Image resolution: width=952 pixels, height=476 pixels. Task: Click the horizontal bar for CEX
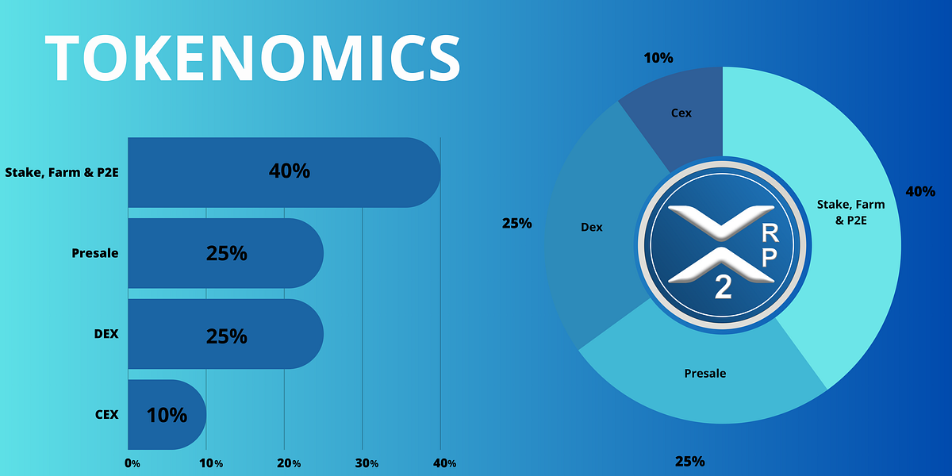point(167,414)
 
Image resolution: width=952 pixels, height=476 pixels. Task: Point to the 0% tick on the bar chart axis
point(132,463)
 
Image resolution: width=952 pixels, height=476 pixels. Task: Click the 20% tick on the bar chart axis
point(288,463)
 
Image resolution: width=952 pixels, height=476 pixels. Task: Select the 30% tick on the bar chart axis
point(366,463)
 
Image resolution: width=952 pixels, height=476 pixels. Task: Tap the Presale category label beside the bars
point(94,253)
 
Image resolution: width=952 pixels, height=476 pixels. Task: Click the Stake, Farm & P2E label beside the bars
point(61,171)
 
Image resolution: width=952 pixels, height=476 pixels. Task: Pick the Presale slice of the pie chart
point(706,381)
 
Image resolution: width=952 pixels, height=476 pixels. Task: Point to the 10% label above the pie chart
point(658,58)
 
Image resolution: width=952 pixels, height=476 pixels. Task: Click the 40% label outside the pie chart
point(920,191)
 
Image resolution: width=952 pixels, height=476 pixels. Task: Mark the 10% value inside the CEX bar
point(167,414)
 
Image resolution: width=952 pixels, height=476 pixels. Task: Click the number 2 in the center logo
point(723,288)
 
